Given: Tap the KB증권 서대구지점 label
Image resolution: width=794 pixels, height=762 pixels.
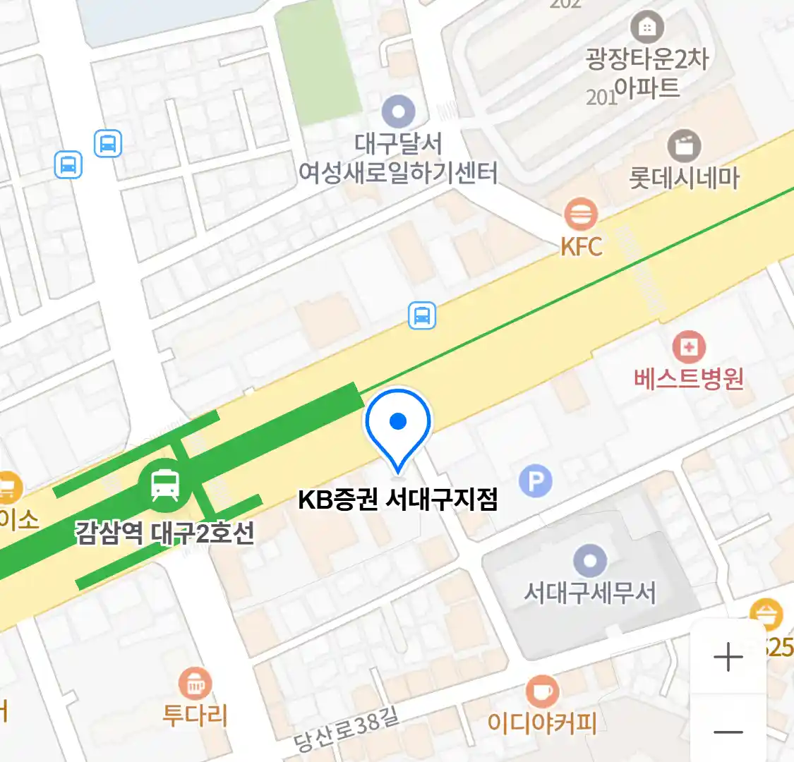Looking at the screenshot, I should (398, 499).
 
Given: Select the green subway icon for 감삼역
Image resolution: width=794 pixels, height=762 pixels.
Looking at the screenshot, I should (164, 485).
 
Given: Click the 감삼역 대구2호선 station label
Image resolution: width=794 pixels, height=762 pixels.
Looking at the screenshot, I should (164, 532).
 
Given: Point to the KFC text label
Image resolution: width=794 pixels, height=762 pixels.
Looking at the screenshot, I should (582, 247).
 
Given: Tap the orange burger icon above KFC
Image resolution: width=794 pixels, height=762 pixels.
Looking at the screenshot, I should (581, 214).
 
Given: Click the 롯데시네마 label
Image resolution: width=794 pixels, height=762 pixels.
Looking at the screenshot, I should (684, 178).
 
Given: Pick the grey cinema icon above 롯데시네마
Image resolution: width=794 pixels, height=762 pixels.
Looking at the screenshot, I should (684, 146).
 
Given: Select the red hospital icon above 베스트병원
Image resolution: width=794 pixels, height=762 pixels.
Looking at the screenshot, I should (689, 346).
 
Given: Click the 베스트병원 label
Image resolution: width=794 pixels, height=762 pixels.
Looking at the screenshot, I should (689, 379).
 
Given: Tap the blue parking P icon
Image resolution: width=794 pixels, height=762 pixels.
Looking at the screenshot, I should (536, 481).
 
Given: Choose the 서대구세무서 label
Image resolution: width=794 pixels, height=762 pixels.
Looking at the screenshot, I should (590, 593).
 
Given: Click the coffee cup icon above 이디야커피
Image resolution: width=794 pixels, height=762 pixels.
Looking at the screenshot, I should (542, 691).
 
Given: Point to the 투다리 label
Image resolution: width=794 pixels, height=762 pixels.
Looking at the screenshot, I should (196, 715).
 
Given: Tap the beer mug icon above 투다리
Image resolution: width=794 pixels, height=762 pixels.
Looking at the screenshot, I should (196, 683).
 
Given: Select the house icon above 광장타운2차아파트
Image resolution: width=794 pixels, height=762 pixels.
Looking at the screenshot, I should (646, 28).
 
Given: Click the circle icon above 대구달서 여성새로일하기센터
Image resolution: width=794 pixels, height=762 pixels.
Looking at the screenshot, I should (398, 111).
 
